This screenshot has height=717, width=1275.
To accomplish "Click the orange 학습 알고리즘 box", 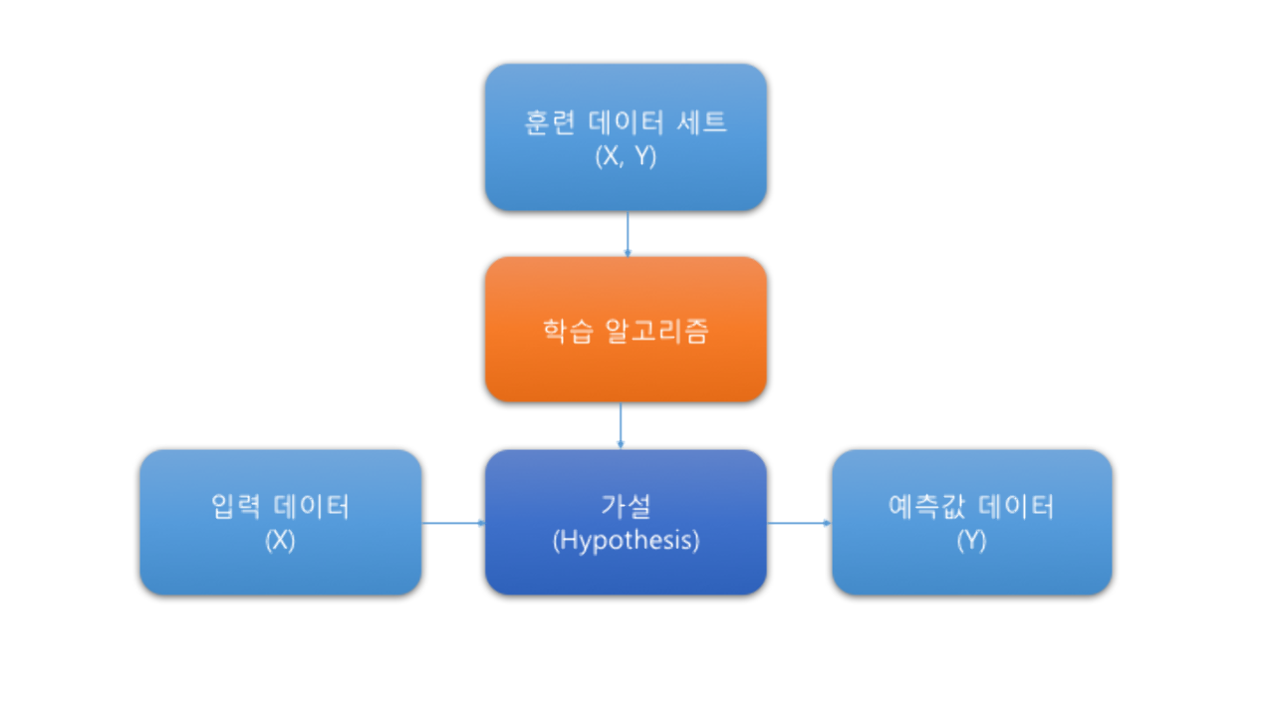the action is click(626, 330).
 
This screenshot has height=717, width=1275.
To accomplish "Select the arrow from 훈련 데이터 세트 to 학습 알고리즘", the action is click(628, 234).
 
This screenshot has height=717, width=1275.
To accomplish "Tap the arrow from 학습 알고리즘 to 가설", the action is click(621, 425).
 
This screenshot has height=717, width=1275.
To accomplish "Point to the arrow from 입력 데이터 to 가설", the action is click(453, 523).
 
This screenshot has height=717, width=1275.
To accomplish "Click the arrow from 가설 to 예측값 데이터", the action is click(799, 523).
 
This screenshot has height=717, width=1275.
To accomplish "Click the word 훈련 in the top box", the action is click(549, 122).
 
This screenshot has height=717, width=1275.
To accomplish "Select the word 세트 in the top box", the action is click(702, 122).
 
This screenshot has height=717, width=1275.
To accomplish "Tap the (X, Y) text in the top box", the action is click(626, 156).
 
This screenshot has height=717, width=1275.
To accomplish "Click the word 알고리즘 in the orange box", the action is click(656, 331).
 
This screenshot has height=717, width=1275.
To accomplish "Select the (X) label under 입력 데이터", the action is click(280, 540).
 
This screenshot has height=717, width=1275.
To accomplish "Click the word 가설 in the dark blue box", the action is click(626, 506).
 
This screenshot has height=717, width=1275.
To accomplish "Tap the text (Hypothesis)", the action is click(626, 540).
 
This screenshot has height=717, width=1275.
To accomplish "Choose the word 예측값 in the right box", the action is click(926, 506).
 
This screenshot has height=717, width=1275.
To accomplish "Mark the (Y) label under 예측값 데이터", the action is click(971, 540).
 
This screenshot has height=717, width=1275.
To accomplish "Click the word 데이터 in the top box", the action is click(626, 122).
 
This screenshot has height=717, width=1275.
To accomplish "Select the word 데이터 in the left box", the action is click(312, 506).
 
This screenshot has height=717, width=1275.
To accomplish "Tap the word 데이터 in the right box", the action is click(1016, 506).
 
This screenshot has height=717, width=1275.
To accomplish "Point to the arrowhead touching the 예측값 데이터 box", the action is click(828, 523).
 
